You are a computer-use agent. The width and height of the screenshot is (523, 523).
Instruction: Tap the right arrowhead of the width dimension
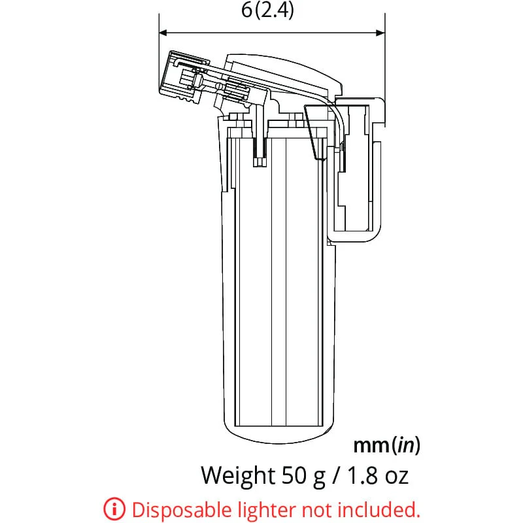click(380, 31)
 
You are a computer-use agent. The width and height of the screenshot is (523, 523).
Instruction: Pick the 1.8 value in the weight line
click(363, 475)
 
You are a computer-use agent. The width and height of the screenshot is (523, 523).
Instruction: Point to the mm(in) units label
click(386, 446)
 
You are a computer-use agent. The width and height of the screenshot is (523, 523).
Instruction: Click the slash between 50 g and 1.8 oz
click(335, 475)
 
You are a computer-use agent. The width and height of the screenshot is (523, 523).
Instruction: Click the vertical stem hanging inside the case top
click(260, 141)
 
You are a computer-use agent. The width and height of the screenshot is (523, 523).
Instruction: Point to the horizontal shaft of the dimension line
click(272, 31)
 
